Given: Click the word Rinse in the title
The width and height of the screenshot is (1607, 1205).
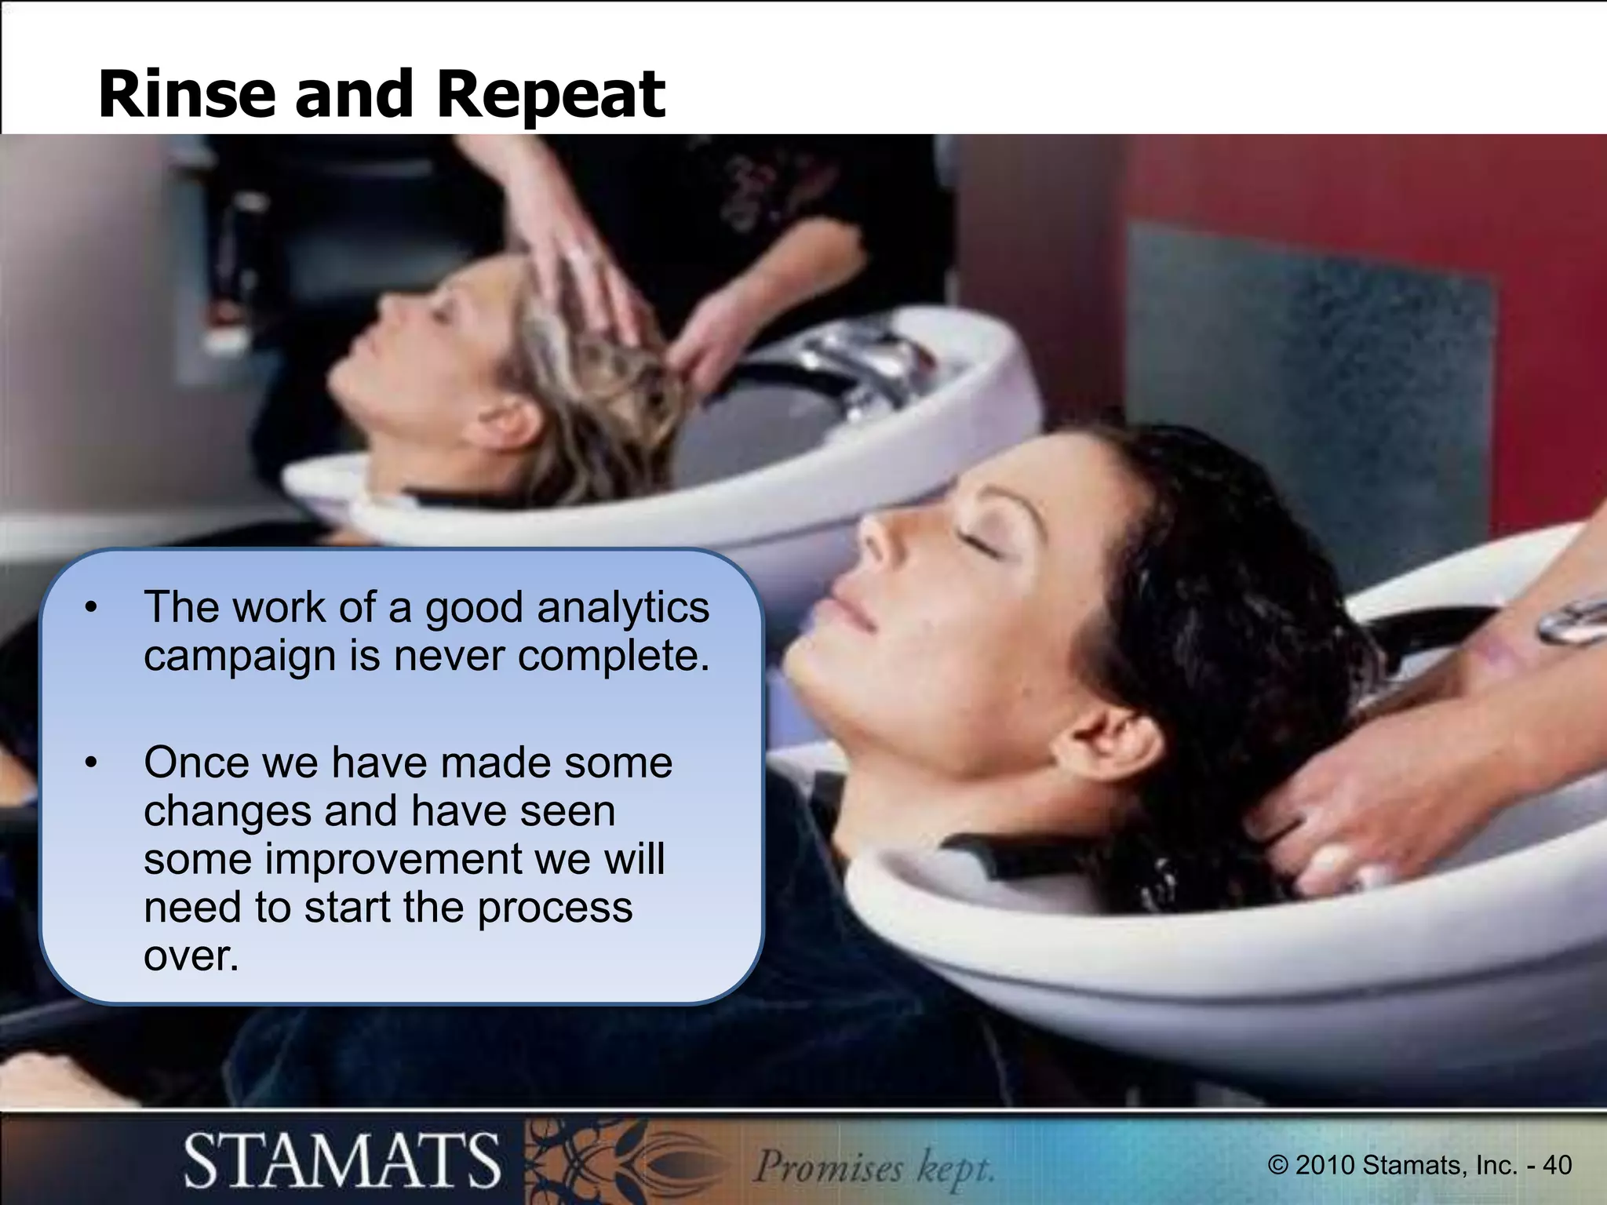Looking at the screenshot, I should [185, 94].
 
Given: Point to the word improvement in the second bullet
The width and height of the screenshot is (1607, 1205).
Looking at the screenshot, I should [393, 858].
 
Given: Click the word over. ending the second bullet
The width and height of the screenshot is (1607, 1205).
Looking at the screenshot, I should [191, 955].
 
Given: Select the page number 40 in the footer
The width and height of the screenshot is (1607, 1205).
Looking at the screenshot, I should [1557, 1165].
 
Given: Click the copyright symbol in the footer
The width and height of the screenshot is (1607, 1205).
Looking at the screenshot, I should [1277, 1165].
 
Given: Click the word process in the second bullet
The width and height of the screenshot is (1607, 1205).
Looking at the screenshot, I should [555, 908].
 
